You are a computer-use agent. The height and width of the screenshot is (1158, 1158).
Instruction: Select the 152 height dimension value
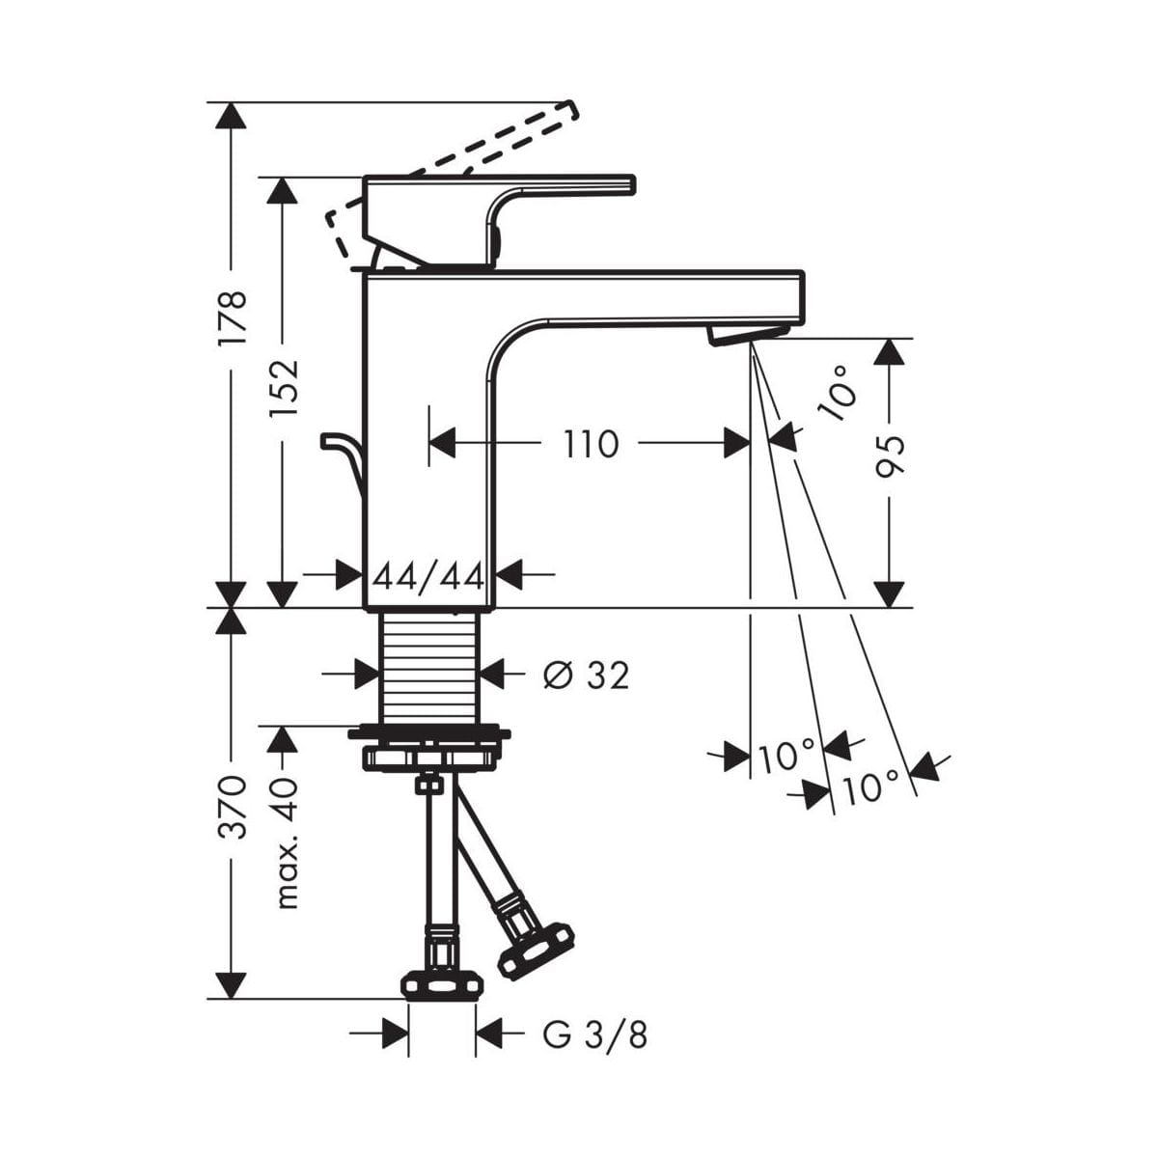click(283, 387)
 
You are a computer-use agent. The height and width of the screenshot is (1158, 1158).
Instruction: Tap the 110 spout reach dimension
click(591, 444)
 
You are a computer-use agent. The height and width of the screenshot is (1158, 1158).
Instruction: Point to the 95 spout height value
click(890, 456)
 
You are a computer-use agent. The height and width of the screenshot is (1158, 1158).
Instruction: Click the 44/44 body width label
click(428, 578)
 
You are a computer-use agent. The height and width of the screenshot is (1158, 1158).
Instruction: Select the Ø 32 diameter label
click(586, 675)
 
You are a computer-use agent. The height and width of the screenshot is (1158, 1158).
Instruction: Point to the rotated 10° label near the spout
click(839, 394)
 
